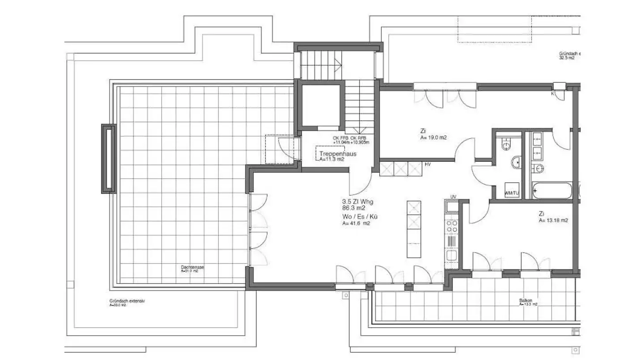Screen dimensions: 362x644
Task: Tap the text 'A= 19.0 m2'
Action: click(x=433, y=138)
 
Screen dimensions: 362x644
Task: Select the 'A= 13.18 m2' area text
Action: click(x=553, y=220)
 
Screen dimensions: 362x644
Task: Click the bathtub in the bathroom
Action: click(x=551, y=191)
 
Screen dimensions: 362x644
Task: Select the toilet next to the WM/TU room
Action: click(x=507, y=144)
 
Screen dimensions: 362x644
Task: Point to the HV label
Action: click(x=428, y=164)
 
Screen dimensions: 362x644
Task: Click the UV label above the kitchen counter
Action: click(x=453, y=197)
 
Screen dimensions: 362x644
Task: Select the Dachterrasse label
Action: click(x=192, y=267)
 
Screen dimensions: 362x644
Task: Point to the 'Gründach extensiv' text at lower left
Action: click(x=127, y=301)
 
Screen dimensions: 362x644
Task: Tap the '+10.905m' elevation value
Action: click(x=360, y=142)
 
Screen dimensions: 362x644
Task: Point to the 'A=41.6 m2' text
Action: click(x=356, y=223)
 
